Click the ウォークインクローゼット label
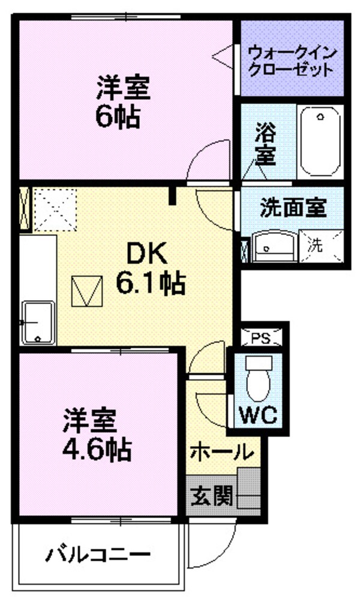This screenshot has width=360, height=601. pos(291,59)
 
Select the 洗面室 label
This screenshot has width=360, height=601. pos(293,208)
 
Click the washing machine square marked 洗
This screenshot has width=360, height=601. pos(314,245)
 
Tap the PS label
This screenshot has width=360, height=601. pos(260,338)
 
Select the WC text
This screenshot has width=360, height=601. pos(258,415)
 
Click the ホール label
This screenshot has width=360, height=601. pos(221,451)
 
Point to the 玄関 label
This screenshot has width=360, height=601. pos(212,497)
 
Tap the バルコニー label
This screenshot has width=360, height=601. pos(96,553)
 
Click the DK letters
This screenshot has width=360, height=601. pos(143,255)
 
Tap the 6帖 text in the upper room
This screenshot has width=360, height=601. pos(118,118)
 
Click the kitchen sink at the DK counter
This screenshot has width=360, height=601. pos(38,321)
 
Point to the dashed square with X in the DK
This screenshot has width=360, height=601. pos(55,210)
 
